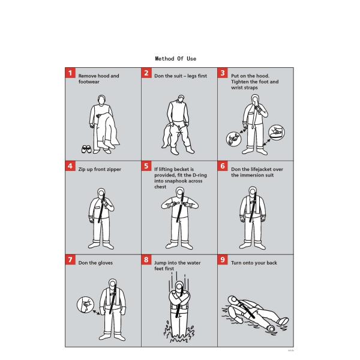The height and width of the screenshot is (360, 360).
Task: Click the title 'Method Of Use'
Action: coord(175,58)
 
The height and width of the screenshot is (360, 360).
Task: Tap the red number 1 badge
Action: coord(70,73)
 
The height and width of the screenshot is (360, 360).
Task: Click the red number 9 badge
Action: coord(223,259)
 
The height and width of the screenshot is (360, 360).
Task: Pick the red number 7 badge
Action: coord(70,259)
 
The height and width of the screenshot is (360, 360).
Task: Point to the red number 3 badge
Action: coord(223,73)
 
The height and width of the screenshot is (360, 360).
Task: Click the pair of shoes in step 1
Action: coord(86,148)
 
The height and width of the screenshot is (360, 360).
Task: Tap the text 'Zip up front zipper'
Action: coord(100,170)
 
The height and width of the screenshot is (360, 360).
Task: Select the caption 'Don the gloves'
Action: coord(95,263)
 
